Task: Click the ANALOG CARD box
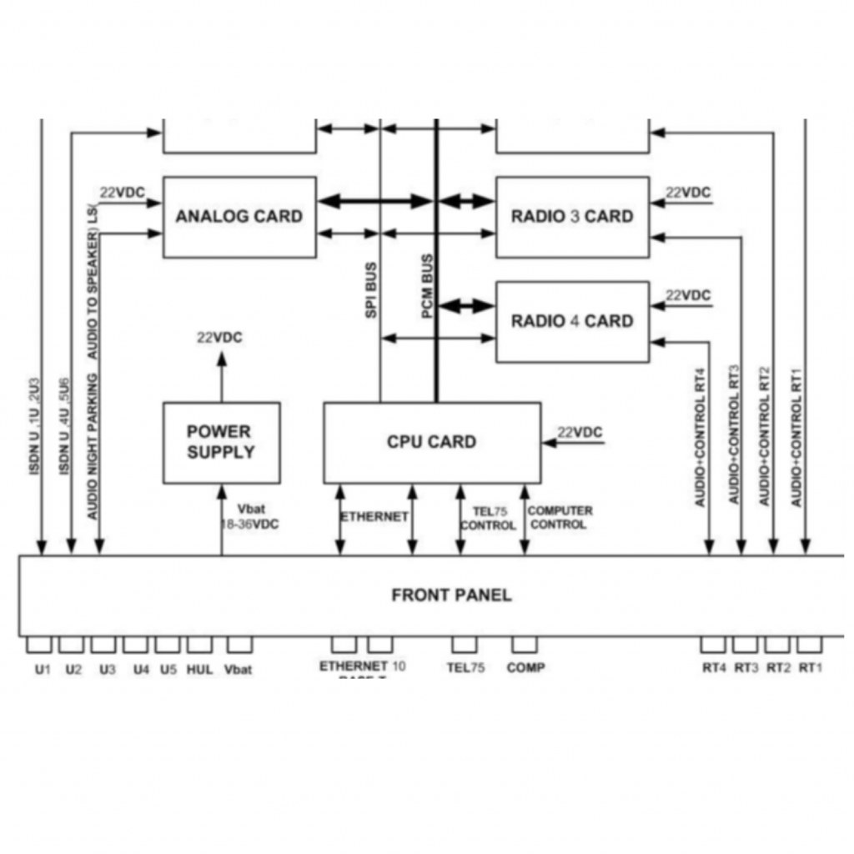coord(239,217)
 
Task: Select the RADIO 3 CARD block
coord(572,217)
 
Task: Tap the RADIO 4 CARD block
coord(572,321)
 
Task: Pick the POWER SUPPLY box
coord(221,442)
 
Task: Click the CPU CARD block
coord(431,442)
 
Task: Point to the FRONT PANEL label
coord(451,595)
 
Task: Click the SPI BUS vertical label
coord(371,290)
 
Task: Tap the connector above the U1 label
coord(39,645)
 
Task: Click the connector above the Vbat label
coord(239,645)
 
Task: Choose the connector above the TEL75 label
coord(465,645)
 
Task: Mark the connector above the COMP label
coord(525,645)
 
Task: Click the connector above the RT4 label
coord(713,645)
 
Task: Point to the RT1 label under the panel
coord(811,668)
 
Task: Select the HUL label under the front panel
coord(200,669)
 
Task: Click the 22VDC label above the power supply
coord(220,338)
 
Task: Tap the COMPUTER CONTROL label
coord(560,517)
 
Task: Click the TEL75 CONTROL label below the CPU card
coord(488,518)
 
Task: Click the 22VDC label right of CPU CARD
coord(580,432)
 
